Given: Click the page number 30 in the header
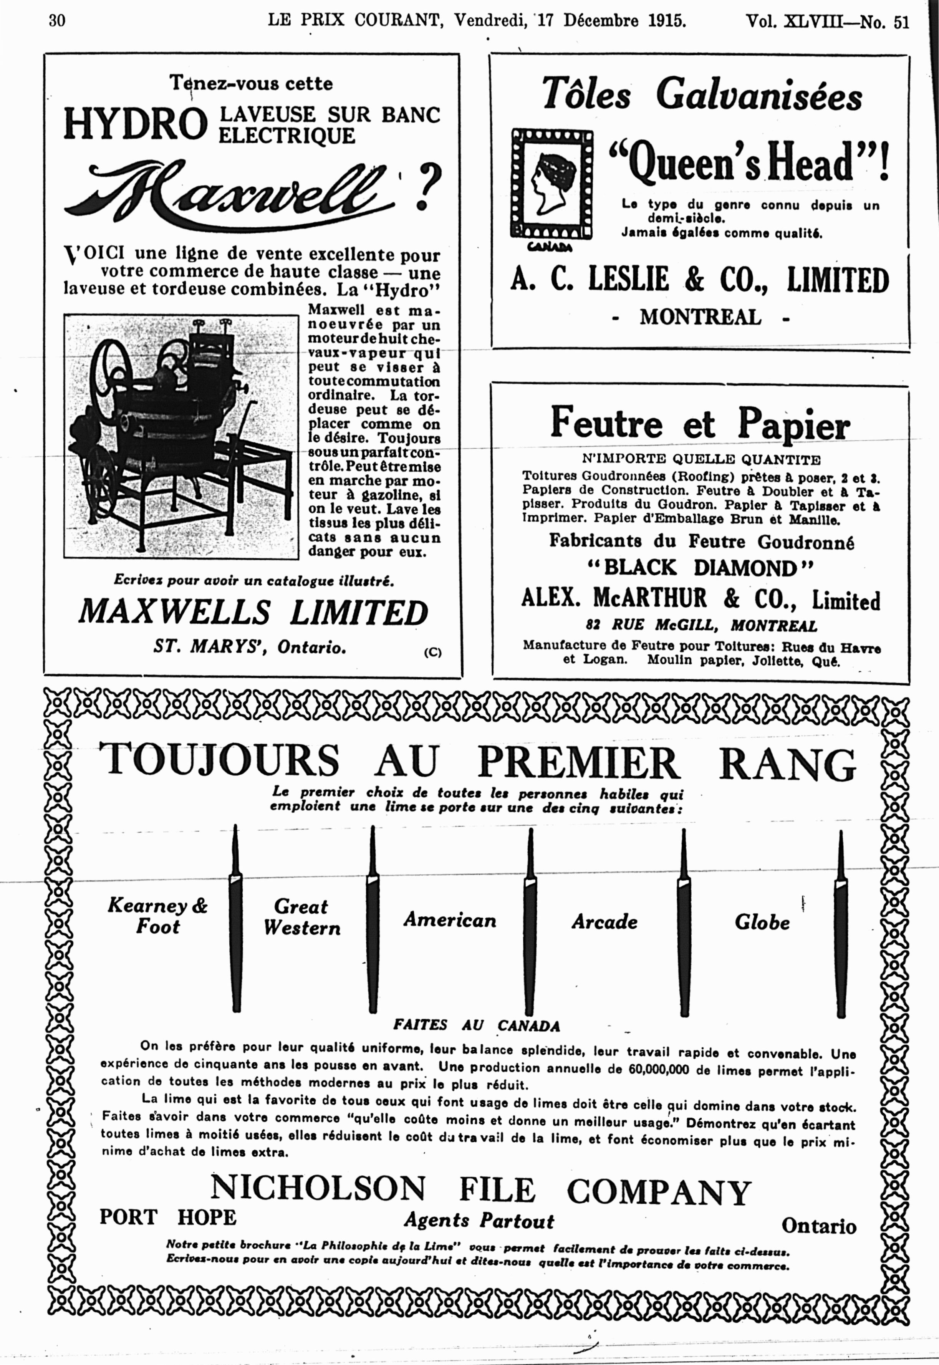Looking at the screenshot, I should tap(57, 21).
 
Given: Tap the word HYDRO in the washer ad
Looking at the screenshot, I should tap(135, 124).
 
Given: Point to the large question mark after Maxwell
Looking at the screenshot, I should tap(428, 187).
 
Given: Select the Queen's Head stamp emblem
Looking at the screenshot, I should tap(551, 184).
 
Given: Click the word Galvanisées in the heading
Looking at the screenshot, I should tap(759, 95).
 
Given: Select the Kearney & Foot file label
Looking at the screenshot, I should tap(158, 916).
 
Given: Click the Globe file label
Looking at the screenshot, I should tap(762, 921).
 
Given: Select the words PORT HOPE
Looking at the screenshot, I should tap(168, 1217).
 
